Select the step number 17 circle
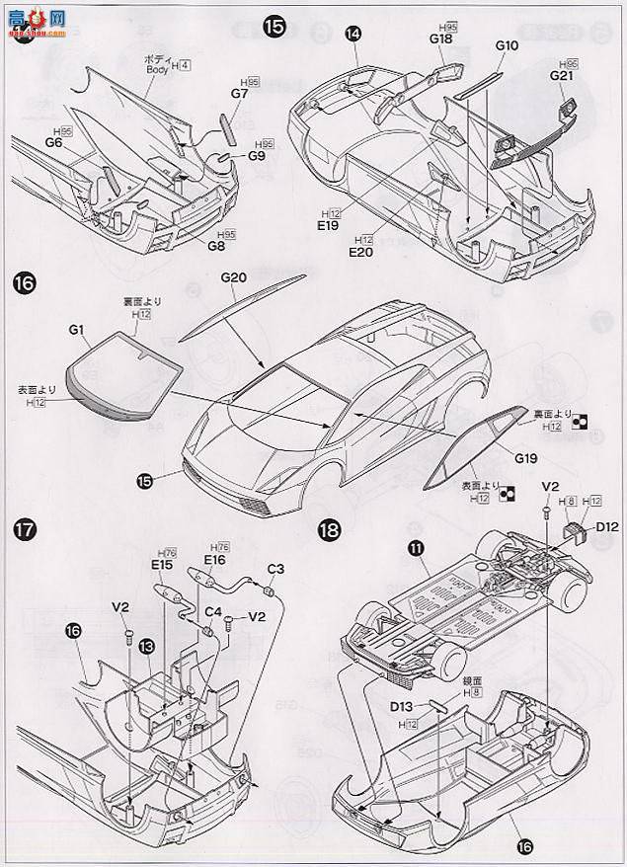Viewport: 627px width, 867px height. pos(26,529)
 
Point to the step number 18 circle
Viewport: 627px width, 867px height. pos(330,530)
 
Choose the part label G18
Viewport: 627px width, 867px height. pos(440,39)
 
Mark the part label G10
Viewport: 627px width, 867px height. pos(507,45)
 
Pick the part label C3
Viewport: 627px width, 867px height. pos(275,568)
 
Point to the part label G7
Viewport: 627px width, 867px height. pos(239,92)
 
